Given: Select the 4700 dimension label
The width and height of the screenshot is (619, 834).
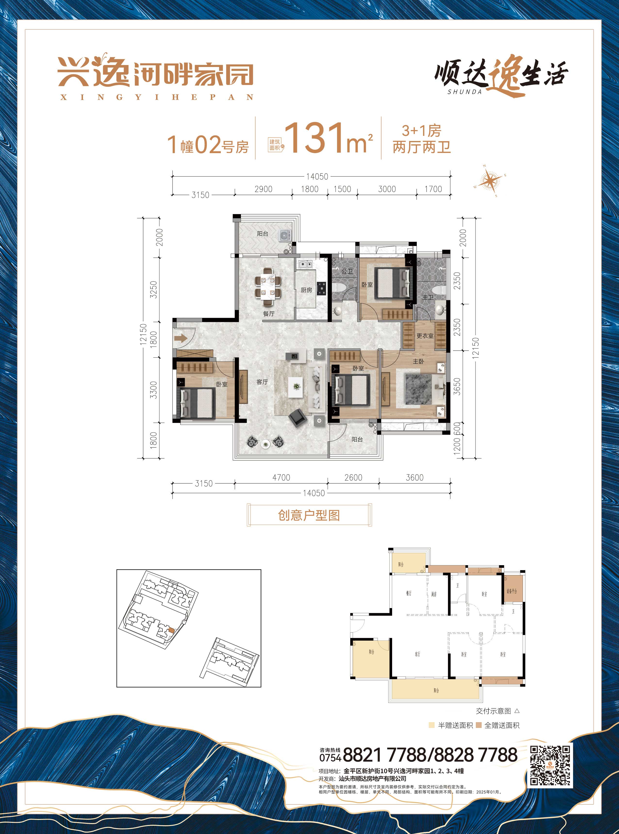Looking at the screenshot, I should point(281,477).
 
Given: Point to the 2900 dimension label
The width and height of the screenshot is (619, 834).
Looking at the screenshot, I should point(264,189).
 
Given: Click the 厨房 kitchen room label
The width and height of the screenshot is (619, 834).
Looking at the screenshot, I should point(306,290).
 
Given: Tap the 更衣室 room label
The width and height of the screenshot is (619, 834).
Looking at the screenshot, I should point(425,336).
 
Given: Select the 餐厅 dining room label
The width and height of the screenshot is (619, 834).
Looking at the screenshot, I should point(269,314).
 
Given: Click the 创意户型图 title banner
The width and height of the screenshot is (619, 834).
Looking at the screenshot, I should point(309,515).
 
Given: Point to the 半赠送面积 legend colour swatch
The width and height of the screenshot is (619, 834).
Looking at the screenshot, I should point(432,725).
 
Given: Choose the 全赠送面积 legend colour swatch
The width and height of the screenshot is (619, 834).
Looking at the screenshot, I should point(479,725).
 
